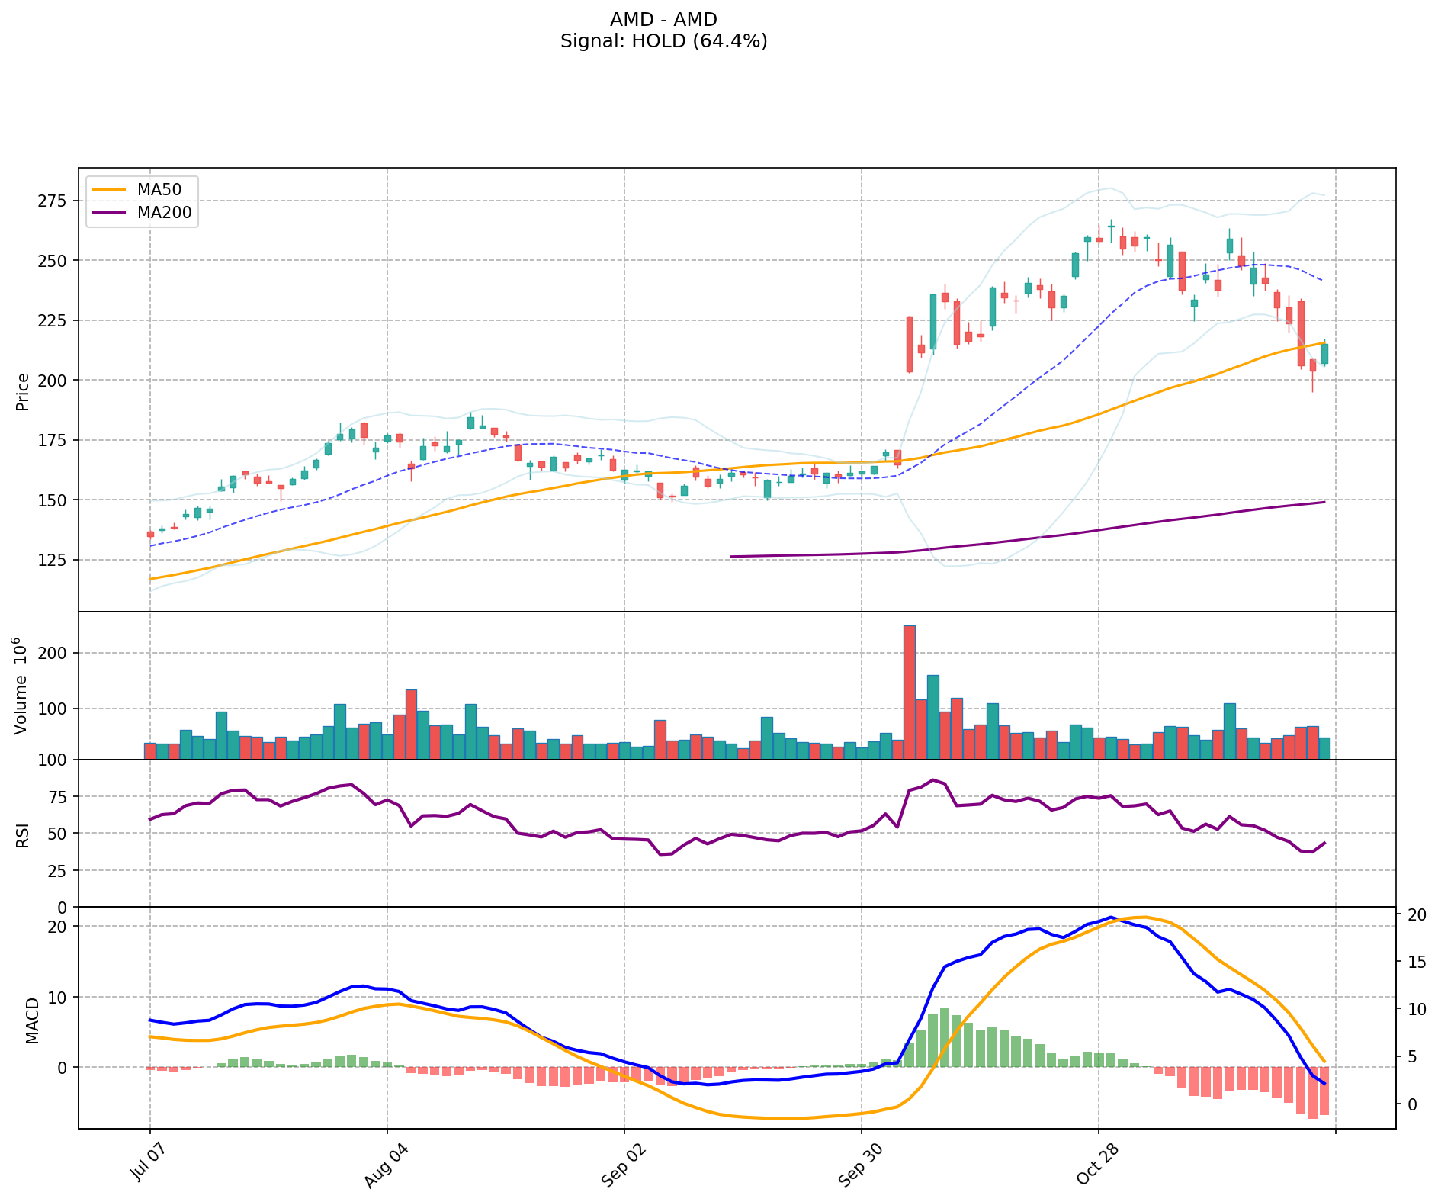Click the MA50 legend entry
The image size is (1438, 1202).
point(159,190)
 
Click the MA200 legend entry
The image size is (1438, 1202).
point(164,213)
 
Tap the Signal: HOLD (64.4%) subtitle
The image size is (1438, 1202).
point(663,41)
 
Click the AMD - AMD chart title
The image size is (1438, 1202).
point(663,19)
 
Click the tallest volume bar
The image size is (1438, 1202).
point(909,692)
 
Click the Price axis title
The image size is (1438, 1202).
point(23,391)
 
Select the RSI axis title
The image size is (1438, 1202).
point(23,834)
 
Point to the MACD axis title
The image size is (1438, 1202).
point(32,1020)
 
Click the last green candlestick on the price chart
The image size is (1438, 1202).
point(1324,353)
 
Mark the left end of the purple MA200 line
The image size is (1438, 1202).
point(731,557)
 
